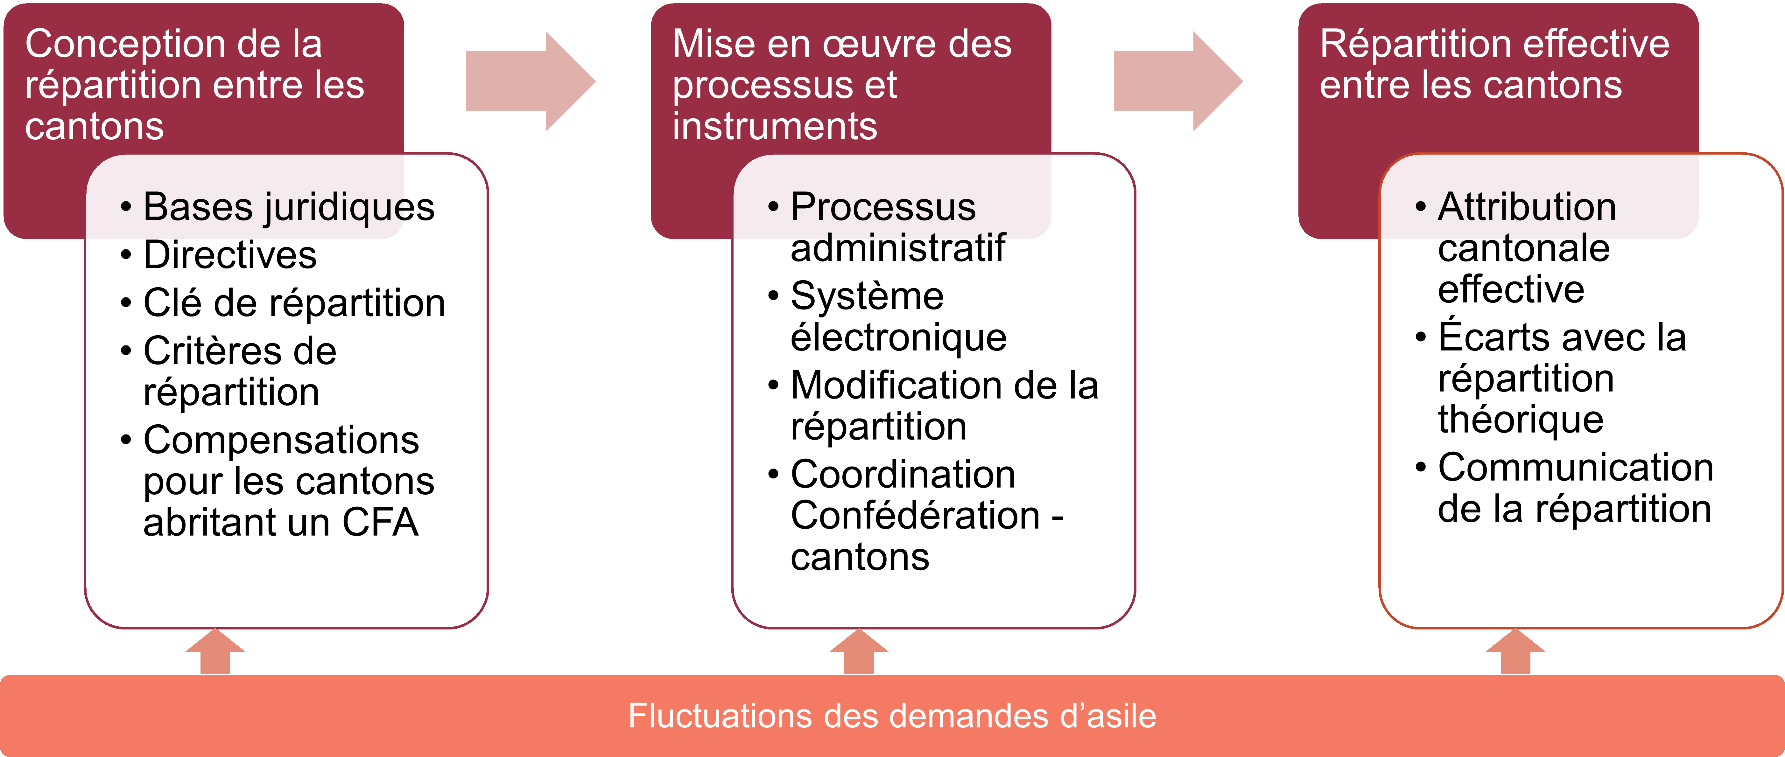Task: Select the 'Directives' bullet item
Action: (218, 255)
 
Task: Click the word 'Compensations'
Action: (281, 441)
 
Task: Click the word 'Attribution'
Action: (1527, 207)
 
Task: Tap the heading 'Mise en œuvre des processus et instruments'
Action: (842, 85)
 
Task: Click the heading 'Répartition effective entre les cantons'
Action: (1494, 64)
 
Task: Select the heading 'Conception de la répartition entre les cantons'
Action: (195, 85)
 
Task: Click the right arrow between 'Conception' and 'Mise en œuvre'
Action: (530, 81)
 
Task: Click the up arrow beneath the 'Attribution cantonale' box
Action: (1515, 651)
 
